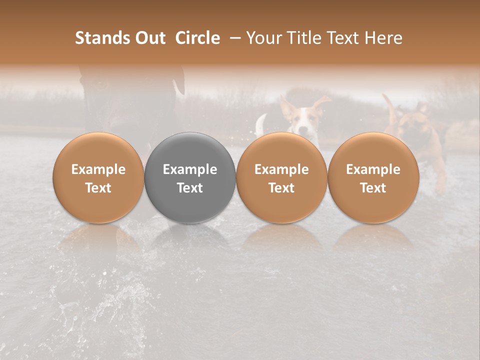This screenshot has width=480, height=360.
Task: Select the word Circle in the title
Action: click(x=197, y=38)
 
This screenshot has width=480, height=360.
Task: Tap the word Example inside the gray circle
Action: click(x=190, y=169)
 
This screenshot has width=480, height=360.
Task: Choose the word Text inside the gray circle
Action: click(x=190, y=188)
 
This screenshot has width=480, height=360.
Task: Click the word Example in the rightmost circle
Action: click(x=373, y=169)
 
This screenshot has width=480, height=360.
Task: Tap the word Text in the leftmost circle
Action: click(x=98, y=188)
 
